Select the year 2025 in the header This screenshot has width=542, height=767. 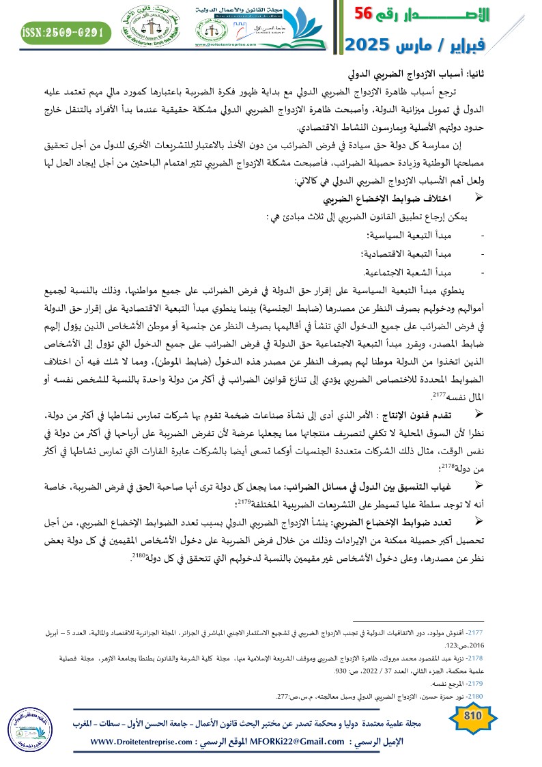pyautogui.click(x=369, y=45)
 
